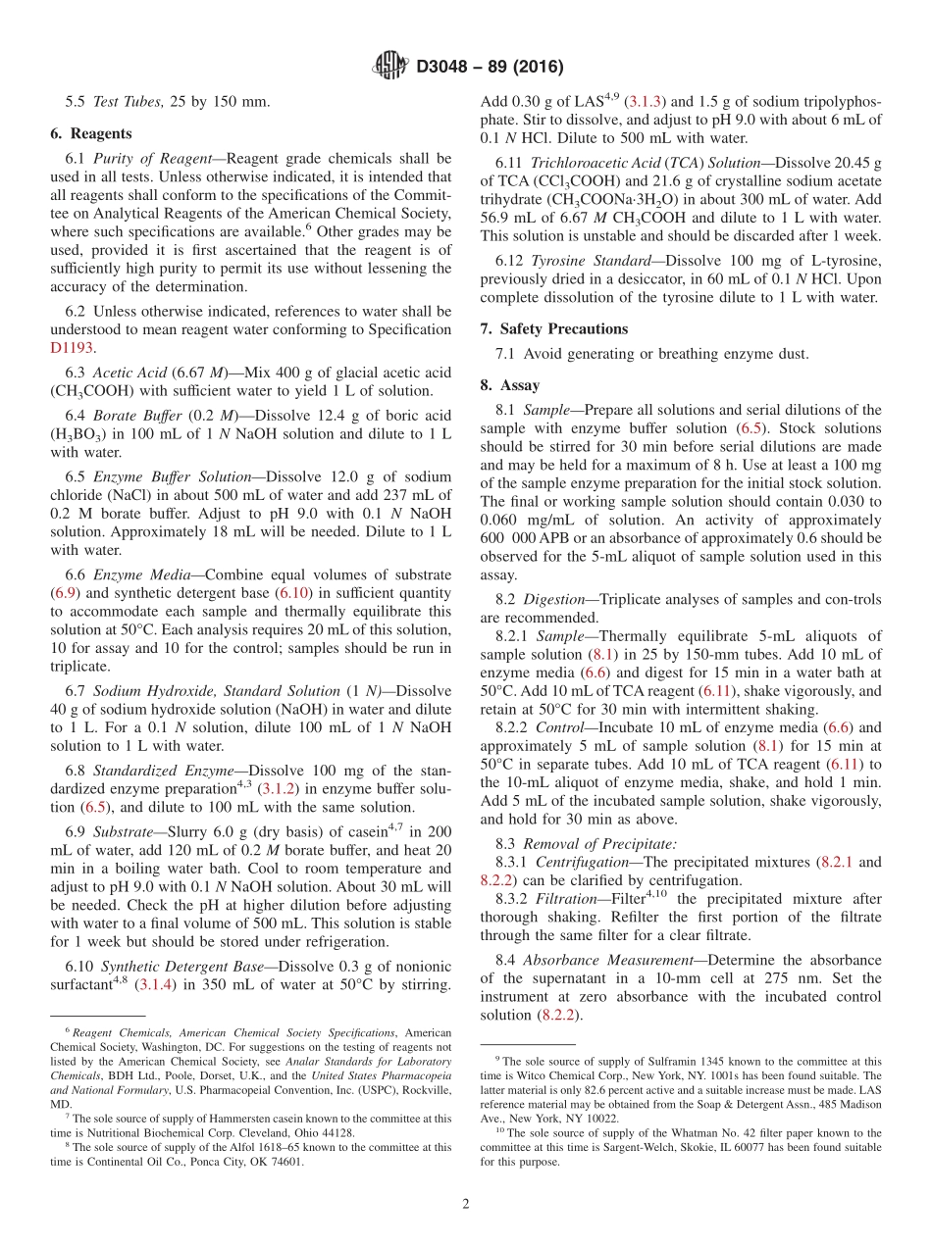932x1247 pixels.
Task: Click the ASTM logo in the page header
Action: point(391,67)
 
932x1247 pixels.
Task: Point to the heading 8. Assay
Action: point(509,385)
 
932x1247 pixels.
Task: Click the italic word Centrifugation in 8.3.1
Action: point(585,862)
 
